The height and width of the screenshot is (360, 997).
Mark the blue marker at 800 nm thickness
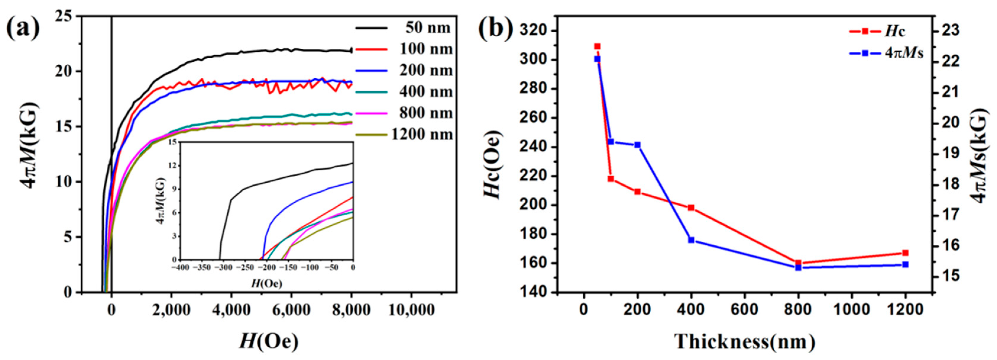pyautogui.click(x=798, y=267)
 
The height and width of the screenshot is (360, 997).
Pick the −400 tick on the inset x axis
pyautogui.click(x=179, y=268)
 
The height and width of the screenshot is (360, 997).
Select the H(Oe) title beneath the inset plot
pyautogui.click(x=267, y=283)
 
